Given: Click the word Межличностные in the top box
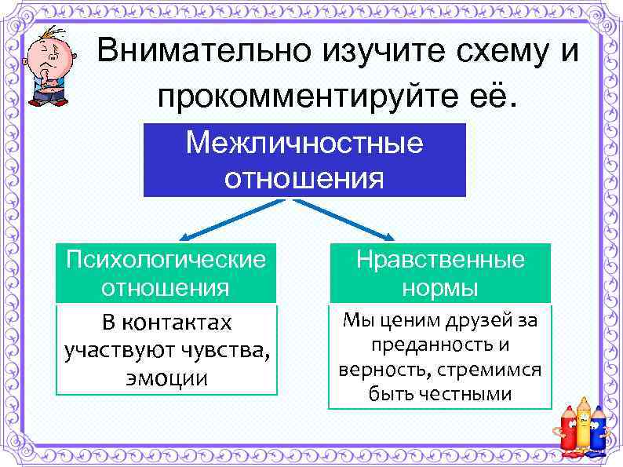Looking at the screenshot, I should [304, 143].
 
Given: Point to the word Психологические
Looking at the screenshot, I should [166, 259].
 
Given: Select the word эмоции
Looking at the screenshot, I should [167, 378].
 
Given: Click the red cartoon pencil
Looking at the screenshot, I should [567, 432].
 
